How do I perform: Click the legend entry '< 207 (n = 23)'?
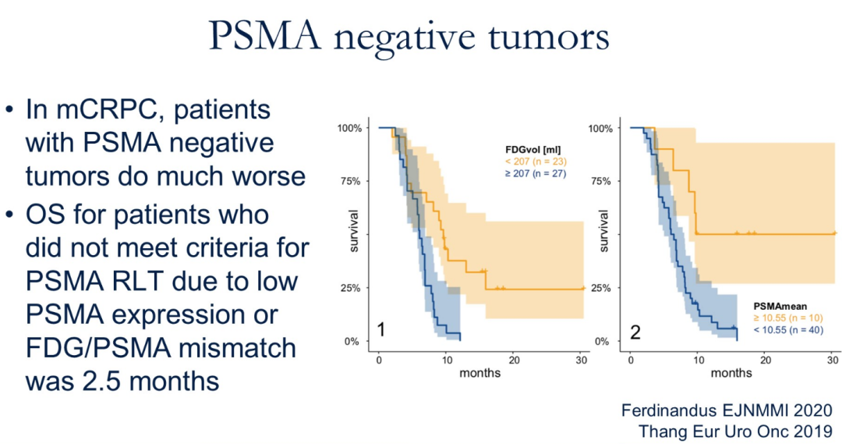point(534,161)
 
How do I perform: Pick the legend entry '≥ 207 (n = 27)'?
point(534,172)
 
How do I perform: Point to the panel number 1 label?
point(381,331)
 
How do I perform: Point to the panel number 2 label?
point(635,332)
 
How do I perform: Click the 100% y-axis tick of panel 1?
point(348,128)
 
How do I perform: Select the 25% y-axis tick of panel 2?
point(600,288)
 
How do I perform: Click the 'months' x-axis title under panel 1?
point(480,373)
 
